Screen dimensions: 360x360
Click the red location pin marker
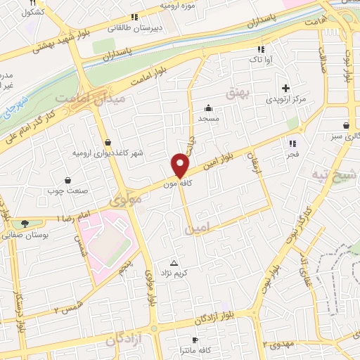coord(181,165)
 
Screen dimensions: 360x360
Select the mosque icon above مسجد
coord(209,108)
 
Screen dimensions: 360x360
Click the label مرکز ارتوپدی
coord(286,101)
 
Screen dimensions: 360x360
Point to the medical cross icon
coord(285,88)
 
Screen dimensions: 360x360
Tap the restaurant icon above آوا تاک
coord(261,49)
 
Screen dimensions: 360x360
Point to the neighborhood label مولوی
coord(125,200)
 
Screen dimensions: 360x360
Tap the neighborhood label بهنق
coord(234,92)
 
